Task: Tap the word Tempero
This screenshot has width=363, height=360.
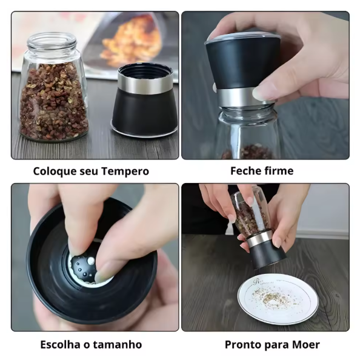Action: pyautogui.click(x=125, y=172)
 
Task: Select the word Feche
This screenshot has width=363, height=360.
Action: pyautogui.click(x=246, y=171)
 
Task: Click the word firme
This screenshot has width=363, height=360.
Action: pyautogui.click(x=279, y=171)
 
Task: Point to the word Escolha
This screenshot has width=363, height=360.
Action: pyautogui.click(x=61, y=344)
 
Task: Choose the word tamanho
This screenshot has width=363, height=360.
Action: pyautogui.click(x=118, y=344)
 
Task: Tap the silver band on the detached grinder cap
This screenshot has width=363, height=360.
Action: pyautogui.click(x=145, y=84)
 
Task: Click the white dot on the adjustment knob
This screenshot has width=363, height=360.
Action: pyautogui.click(x=91, y=261)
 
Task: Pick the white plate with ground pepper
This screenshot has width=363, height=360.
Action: pyautogui.click(x=278, y=298)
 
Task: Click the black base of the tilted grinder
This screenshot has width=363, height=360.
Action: pyautogui.click(x=267, y=256)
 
